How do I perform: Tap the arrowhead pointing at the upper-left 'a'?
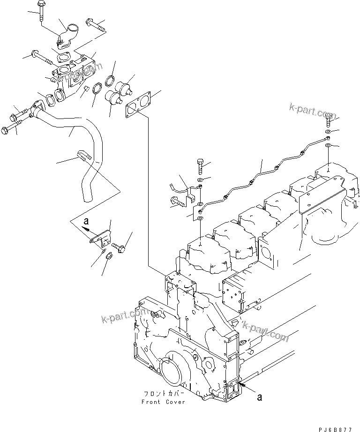click(86, 228)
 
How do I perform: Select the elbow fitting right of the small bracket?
click(118, 246)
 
